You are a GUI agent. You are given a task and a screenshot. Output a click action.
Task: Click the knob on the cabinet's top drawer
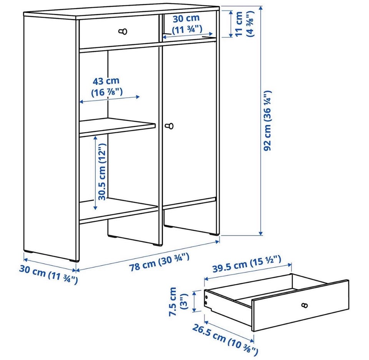click(123, 31)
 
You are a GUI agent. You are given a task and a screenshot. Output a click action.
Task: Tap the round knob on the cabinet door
click(170, 126)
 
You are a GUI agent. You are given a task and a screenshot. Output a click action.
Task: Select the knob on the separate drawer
click(304, 305)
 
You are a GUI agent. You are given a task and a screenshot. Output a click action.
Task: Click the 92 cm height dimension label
click(268, 120)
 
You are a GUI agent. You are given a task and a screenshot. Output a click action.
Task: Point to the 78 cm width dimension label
click(159, 262)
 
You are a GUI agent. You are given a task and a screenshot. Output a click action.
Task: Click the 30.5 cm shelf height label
click(102, 172)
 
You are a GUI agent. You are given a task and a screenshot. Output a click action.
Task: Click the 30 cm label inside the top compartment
click(187, 24)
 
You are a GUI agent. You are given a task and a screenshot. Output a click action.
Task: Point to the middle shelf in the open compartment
click(117, 127)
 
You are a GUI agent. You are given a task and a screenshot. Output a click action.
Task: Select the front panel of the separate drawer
click(300, 306)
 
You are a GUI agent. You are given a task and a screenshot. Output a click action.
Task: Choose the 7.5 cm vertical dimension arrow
click(194, 302)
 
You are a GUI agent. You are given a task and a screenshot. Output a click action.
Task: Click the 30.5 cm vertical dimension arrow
click(95, 173)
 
